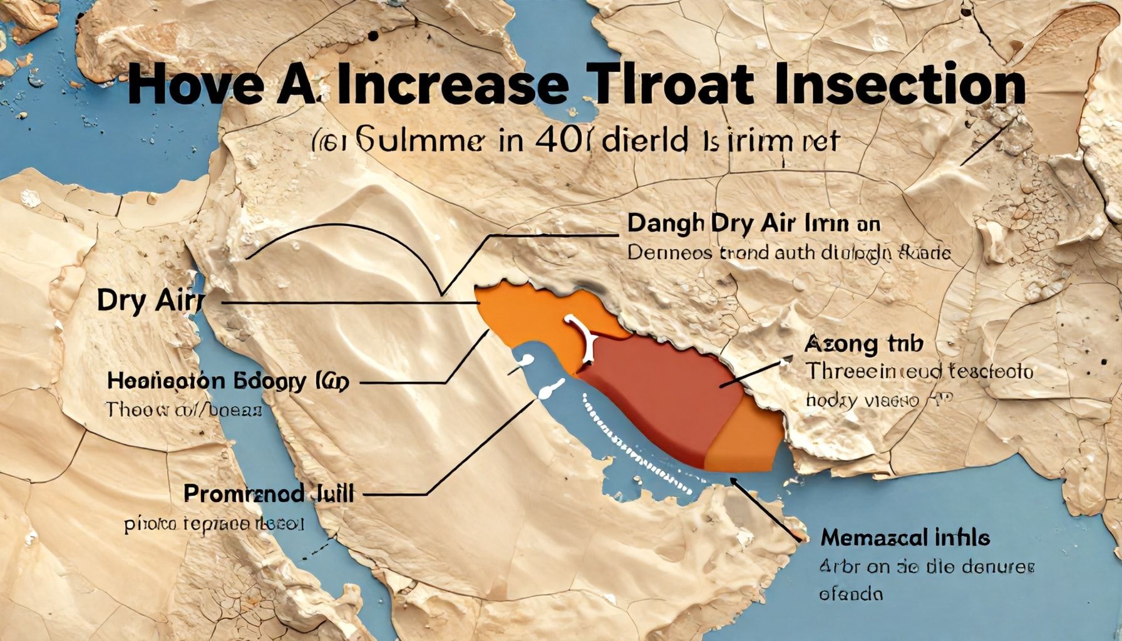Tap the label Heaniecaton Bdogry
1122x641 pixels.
point(207,381)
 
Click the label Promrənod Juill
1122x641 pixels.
point(269,494)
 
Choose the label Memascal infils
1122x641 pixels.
point(905,538)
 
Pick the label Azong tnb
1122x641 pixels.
point(863,344)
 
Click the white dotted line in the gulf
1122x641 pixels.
point(632,444)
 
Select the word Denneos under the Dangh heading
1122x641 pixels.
point(669,254)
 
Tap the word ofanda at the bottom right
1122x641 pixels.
point(852,593)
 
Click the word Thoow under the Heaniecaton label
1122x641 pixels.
point(133,410)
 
